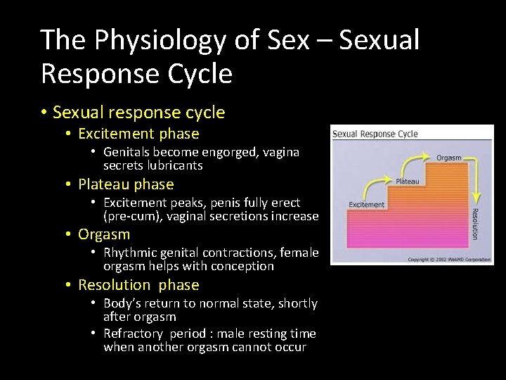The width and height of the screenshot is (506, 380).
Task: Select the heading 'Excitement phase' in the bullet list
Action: pyautogui.click(x=138, y=134)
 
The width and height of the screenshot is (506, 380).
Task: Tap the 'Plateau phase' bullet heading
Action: pyautogui.click(x=126, y=184)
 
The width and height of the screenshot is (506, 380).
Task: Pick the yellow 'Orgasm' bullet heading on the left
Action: pyautogui.click(x=104, y=234)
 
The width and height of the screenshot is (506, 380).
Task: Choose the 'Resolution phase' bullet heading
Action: pyautogui.click(x=138, y=285)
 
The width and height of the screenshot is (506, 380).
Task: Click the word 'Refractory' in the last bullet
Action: pyautogui.click(x=134, y=334)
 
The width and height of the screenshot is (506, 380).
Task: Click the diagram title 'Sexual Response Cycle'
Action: pyautogui.click(x=375, y=134)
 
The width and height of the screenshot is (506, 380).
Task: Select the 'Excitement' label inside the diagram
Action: pyautogui.click(x=367, y=205)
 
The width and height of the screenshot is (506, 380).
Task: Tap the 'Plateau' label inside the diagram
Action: pyautogui.click(x=407, y=182)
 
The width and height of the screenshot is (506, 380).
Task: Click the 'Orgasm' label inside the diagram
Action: pyautogui.click(x=448, y=158)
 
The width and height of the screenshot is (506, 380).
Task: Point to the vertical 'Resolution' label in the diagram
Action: pyautogui.click(x=474, y=223)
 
